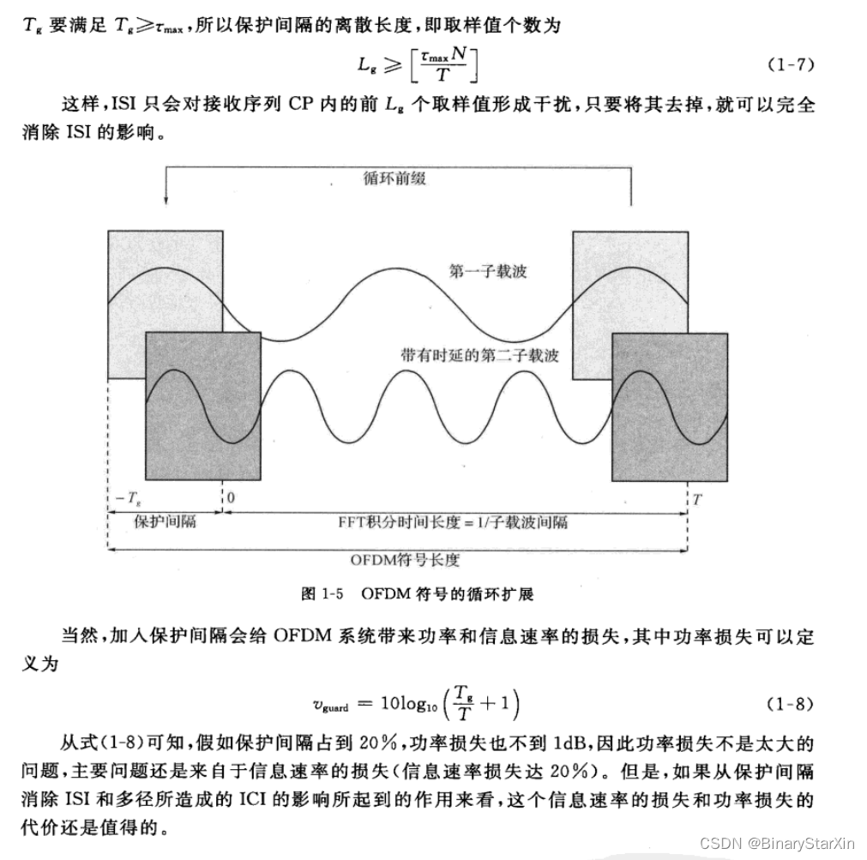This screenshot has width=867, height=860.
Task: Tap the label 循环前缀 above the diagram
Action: [x=394, y=179]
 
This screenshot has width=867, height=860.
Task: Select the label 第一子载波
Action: [x=488, y=272]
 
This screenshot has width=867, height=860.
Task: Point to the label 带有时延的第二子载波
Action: [x=480, y=354]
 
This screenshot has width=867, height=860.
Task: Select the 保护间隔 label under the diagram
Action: [x=166, y=520]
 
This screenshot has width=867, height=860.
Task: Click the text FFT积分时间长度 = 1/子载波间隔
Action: [x=454, y=521]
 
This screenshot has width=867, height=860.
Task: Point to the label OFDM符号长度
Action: [x=405, y=560]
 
